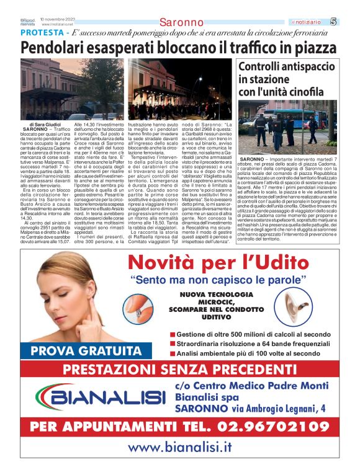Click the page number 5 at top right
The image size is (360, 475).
351,22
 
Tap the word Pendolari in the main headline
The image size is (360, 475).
60,48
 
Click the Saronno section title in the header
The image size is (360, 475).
181,23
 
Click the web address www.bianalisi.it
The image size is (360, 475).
180,447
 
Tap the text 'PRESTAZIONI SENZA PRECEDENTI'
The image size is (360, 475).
180,370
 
